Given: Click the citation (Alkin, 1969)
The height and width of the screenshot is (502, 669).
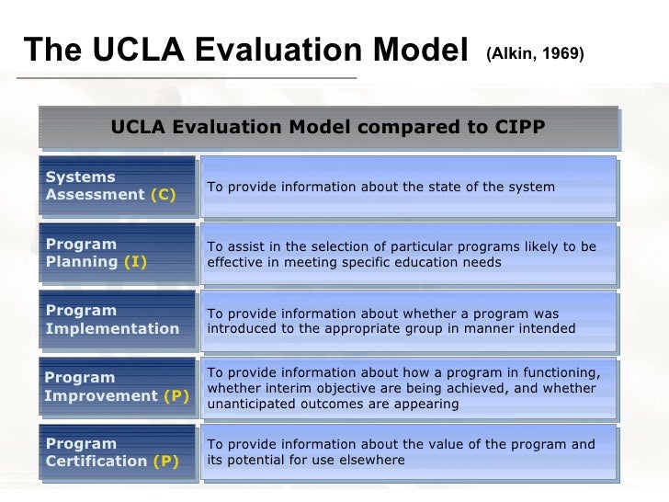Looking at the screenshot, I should [534, 53].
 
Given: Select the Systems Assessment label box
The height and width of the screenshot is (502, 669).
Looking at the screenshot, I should [118, 186].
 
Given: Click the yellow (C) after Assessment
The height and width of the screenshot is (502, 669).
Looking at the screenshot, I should [163, 195].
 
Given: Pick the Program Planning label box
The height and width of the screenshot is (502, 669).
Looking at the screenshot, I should [118, 253].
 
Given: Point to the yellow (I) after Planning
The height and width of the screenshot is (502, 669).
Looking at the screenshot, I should [134, 262].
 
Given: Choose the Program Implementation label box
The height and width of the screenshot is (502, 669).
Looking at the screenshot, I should [118, 320].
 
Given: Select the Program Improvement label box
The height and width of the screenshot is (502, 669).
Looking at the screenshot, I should [118, 387].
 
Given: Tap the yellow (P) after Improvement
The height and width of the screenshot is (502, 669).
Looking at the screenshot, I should [176, 396].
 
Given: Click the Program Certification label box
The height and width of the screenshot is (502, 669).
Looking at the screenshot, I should [118, 452].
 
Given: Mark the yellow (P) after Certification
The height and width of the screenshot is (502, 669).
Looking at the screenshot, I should [166, 462].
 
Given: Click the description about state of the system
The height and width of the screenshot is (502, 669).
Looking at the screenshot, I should [407, 187].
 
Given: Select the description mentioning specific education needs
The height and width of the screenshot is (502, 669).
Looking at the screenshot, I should [407, 254].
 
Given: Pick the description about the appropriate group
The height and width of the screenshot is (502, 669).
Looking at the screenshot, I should [407, 321].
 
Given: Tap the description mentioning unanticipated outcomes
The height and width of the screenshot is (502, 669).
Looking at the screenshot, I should [407, 388].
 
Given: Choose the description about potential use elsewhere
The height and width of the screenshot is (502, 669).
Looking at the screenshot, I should [407, 452].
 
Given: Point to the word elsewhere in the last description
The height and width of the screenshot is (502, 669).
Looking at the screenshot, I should [370, 460].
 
